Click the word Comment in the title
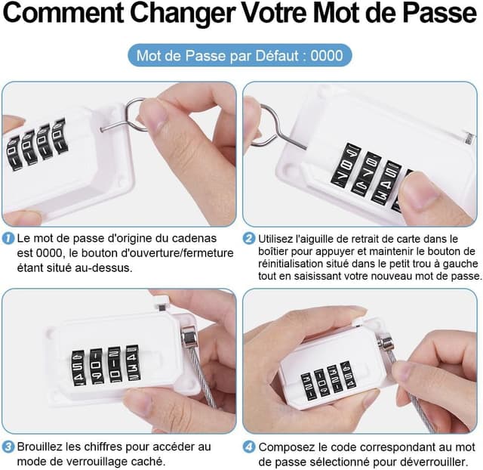(x=63, y=14)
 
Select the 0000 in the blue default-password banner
(x=327, y=56)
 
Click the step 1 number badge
(x=8, y=238)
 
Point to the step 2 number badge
(x=249, y=239)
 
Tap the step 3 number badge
(x=8, y=447)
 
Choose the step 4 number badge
(x=249, y=447)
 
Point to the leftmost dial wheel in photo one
(x=14, y=154)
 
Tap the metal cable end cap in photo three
(x=189, y=337)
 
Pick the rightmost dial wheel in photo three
(x=134, y=364)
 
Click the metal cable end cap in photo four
(x=386, y=345)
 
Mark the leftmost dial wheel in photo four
(x=306, y=385)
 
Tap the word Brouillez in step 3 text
(x=39, y=447)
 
